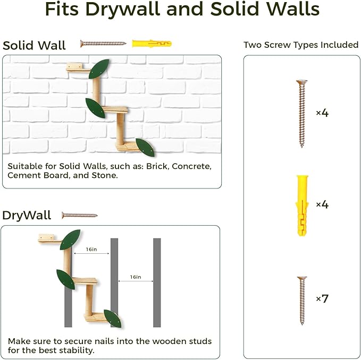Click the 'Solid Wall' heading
coord(34,46)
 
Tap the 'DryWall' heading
coord(27,215)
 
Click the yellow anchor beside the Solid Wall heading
coord(152,44)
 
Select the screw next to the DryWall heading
coord(80,215)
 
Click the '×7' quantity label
coord(322,299)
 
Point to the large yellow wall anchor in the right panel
coord(301,205)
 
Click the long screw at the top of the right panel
coord(301,113)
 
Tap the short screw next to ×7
coord(301,300)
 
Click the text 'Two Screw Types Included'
coord(301,45)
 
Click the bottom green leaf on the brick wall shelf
coord(145,147)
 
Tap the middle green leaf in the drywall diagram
coord(66,279)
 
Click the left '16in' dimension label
coord(90,249)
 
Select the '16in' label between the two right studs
coord(136,277)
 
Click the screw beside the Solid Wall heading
coord(103,44)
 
